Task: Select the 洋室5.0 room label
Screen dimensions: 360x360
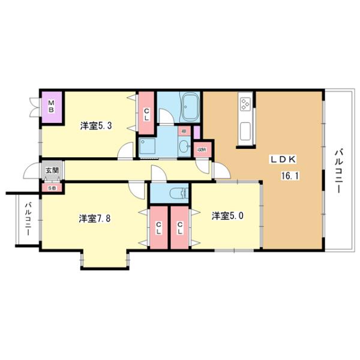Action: click(x=227, y=215)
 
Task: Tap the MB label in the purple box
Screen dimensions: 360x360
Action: click(x=52, y=106)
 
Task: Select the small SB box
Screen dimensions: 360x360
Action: click(x=51, y=187)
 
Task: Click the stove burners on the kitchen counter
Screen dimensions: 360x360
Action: click(x=245, y=104)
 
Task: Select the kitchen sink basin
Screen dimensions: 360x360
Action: click(x=245, y=128)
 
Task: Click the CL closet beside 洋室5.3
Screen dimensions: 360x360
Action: click(x=146, y=113)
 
